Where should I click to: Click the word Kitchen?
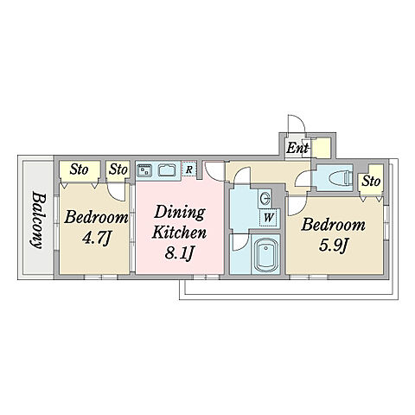179,232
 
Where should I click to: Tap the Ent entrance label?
297,149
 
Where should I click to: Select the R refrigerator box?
189,169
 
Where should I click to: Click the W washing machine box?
269,217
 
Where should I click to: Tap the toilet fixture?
340,177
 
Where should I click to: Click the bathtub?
265,254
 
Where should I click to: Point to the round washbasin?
265,198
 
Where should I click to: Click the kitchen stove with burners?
145,170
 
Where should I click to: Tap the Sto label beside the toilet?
371,182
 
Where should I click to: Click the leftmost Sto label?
79,169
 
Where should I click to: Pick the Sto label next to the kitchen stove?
118,169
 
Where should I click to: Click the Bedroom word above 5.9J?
333,225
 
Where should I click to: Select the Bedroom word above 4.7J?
96,217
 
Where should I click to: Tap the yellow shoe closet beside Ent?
322,148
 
